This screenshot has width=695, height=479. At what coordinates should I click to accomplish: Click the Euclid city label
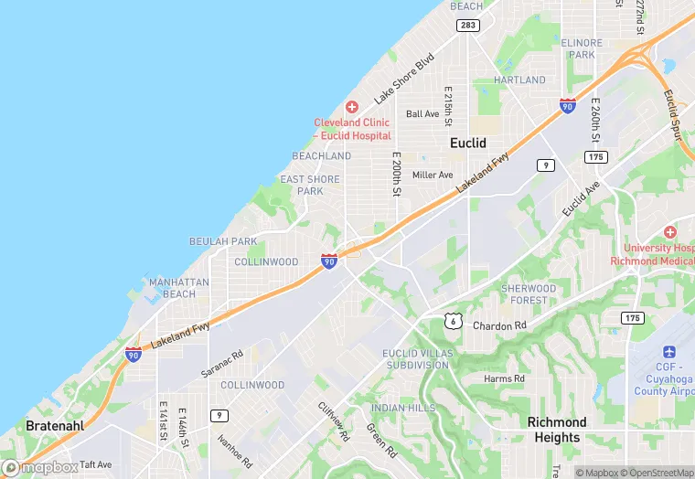[x=467, y=143]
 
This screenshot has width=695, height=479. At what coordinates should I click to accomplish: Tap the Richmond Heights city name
[x=557, y=430]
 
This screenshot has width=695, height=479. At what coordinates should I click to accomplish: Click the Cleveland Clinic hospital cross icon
[x=352, y=108]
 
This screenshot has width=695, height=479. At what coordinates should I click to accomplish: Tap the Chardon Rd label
[x=499, y=325]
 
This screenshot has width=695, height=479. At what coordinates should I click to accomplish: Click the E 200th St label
[x=397, y=174]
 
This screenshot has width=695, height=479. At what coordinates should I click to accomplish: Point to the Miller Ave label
[x=433, y=175]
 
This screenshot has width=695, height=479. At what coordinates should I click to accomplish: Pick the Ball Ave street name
[x=422, y=114]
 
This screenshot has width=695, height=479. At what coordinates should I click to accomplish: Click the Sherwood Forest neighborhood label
[x=529, y=294]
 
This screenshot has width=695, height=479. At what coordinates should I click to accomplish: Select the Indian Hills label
[x=403, y=408]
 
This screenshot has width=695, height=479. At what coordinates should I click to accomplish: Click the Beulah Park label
[x=222, y=241]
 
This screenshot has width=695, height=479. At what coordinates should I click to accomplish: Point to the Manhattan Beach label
[x=179, y=288]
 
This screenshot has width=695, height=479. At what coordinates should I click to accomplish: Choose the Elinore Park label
[x=583, y=48]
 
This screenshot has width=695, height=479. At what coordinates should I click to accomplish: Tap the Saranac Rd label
[x=221, y=364]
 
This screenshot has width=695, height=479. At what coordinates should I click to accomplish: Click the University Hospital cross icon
[x=669, y=232]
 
